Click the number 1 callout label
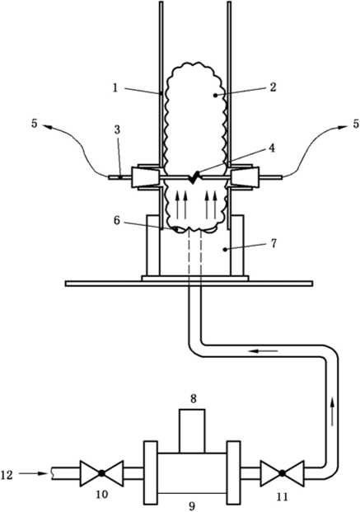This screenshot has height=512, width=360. (x=115, y=87)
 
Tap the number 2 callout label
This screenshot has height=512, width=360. (x=273, y=87)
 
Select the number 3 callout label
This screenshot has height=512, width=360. (x=117, y=129)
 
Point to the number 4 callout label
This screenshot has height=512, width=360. (x=272, y=148)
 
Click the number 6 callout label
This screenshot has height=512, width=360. (x=117, y=220)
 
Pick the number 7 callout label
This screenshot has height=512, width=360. (x=274, y=243)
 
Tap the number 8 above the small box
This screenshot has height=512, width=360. (x=194, y=399)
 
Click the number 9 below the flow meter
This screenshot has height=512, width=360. (x=192, y=505)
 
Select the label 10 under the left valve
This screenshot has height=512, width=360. (x=102, y=494)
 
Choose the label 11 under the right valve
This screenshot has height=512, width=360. (x=283, y=496)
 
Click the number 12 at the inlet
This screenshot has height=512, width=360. (x=7, y=474)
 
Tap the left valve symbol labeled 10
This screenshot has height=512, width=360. (x=101, y=472)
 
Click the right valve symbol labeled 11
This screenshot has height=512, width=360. (x=283, y=472)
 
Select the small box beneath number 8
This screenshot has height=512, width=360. (x=192, y=431)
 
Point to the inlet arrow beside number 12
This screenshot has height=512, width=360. (x=33, y=473)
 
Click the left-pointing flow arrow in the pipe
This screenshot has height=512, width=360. (x=264, y=351)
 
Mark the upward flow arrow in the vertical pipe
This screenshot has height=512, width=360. (x=332, y=411)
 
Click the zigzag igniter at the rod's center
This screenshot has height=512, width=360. (x=194, y=177)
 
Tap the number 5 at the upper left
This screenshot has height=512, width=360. (x=35, y=124)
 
